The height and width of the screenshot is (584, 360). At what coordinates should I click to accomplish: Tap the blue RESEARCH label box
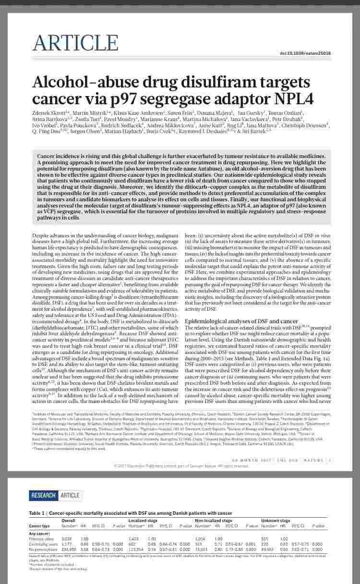[x=44, y=495]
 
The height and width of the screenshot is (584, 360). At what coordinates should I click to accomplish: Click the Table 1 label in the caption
[x=38, y=513]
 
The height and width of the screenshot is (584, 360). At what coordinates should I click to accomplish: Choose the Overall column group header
[x=68, y=521]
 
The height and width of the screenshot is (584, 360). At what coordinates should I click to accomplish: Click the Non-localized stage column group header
[x=213, y=521]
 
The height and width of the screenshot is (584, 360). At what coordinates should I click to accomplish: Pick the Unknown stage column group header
[x=276, y=521]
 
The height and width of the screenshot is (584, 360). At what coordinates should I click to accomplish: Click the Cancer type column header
[x=39, y=526]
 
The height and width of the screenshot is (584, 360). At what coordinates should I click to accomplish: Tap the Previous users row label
[x=41, y=539]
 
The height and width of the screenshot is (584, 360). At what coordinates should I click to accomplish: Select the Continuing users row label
[x=42, y=544]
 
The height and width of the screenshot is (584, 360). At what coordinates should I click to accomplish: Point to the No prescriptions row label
[x=42, y=548]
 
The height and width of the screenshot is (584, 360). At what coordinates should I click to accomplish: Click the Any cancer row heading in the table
[x=39, y=534]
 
